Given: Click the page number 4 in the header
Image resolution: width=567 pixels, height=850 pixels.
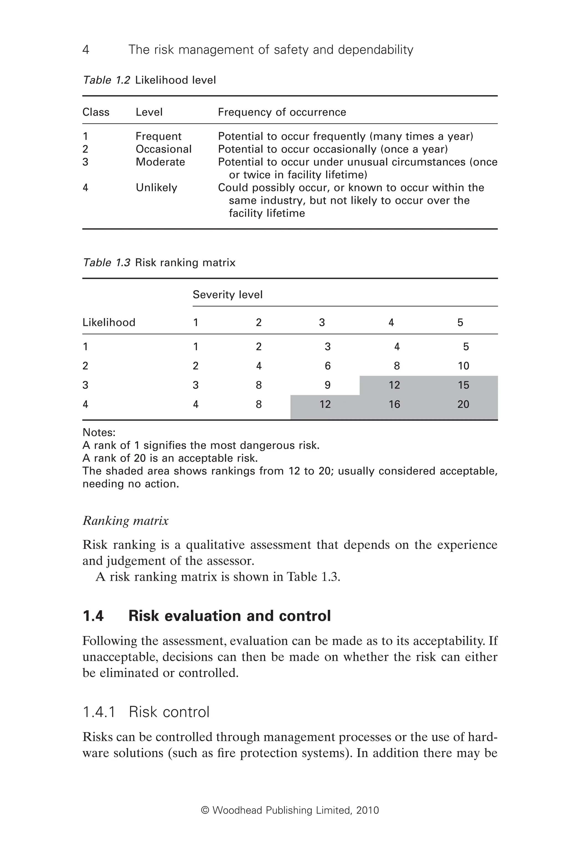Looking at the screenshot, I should (86, 50).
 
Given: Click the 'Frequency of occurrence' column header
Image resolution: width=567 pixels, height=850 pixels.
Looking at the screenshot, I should (282, 112).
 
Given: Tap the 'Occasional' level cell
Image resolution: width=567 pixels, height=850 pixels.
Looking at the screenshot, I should (163, 149).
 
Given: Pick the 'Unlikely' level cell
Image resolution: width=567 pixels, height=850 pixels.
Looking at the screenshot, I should (156, 188).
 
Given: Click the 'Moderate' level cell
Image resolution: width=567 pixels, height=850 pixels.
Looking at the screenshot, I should (160, 162).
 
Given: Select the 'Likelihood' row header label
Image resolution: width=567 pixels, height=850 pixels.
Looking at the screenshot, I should (109, 322).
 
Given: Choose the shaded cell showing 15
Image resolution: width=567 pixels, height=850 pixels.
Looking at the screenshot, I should (463, 385).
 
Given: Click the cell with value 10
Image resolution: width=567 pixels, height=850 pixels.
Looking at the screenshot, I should (463, 366).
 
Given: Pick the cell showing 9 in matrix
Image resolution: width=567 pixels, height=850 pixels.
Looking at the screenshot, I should (327, 385).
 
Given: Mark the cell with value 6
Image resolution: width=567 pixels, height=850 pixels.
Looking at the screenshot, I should (327, 366).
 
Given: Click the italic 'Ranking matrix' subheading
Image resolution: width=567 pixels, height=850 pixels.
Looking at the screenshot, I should (125, 521).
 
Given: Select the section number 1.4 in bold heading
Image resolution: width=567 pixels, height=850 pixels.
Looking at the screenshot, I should (93, 616).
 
